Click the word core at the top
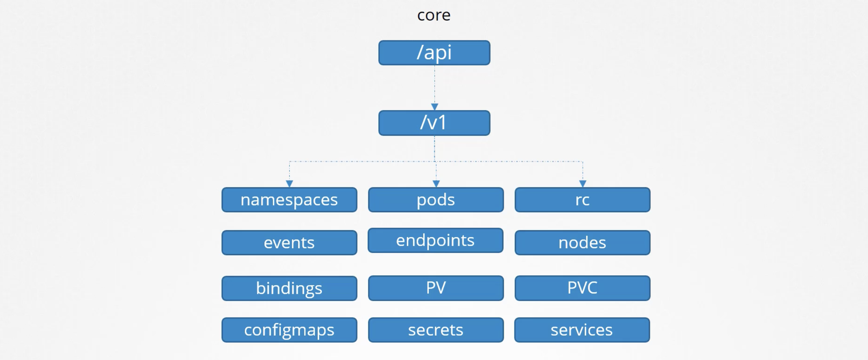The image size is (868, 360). coord(434,15)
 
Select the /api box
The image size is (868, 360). coord(434,53)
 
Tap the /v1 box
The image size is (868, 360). coord(434,123)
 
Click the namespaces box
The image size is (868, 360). coord(289,200)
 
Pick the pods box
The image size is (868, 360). coord(436,200)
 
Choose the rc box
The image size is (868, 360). coord(582,200)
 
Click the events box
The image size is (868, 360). coord(289,243)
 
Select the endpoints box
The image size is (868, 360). coord(435,240)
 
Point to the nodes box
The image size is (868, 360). coord(582,243)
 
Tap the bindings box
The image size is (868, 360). coord(289,288)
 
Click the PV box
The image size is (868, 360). coord(436,288)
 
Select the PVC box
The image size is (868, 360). coord(582,288)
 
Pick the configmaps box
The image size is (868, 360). coord(289,330)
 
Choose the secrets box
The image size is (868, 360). coord(436,330)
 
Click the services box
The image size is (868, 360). coord(582,330)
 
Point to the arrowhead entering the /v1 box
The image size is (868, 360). coord(434,107)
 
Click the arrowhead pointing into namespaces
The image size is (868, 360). coord(290,184)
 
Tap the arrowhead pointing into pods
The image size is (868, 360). coord(436,184)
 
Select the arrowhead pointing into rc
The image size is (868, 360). coord(583,184)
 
